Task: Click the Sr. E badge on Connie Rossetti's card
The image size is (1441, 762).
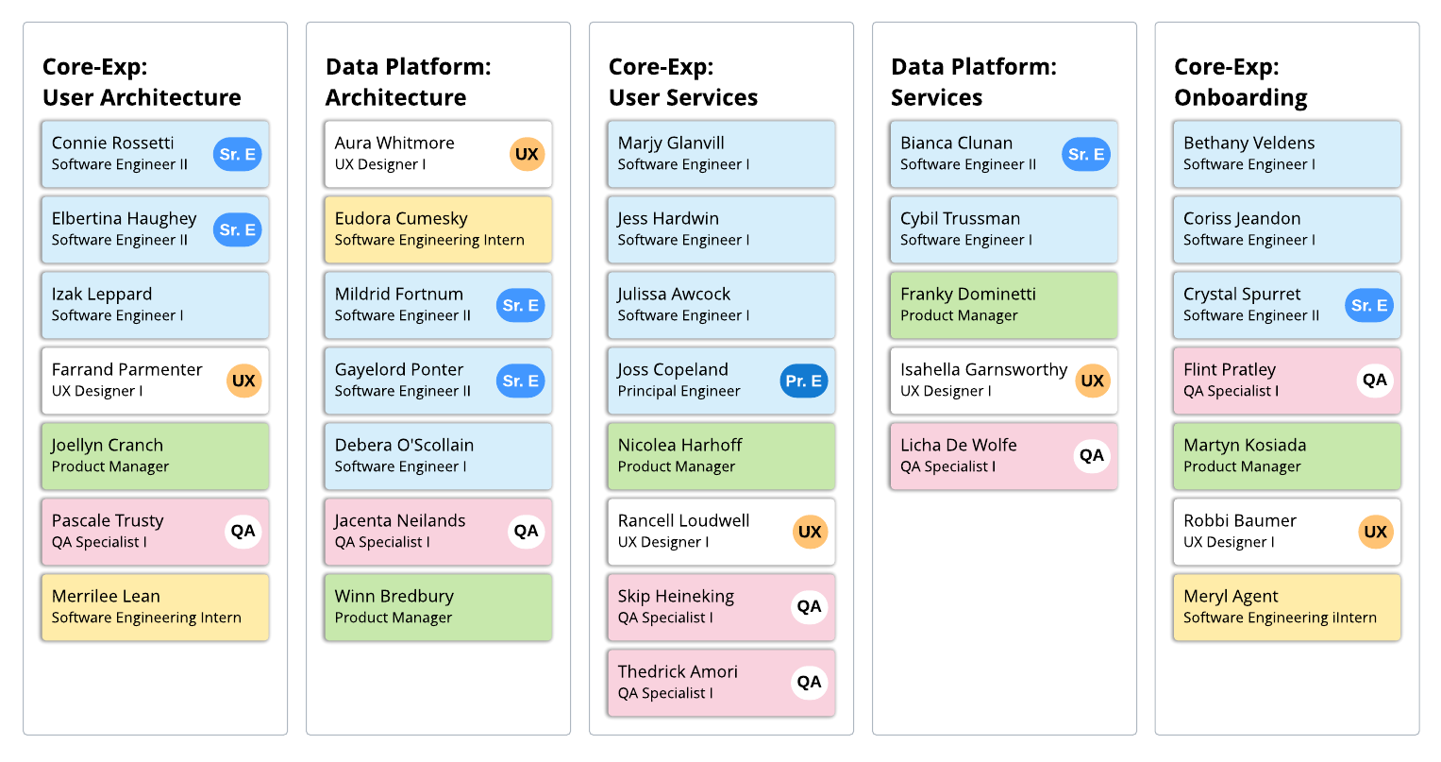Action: click(x=237, y=154)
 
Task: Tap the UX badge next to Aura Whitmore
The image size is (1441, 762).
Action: click(x=527, y=154)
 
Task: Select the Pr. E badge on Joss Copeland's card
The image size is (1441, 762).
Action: click(x=804, y=381)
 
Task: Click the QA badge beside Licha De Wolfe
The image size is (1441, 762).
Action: click(x=1092, y=455)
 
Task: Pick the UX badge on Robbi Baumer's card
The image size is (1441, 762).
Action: click(x=1375, y=532)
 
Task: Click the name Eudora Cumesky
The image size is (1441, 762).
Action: click(x=401, y=218)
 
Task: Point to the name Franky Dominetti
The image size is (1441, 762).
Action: click(x=967, y=294)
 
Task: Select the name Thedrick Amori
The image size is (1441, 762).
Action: click(x=678, y=671)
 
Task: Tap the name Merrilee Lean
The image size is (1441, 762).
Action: click(x=106, y=596)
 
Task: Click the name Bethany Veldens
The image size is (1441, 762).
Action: click(x=1248, y=143)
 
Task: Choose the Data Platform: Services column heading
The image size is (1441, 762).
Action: click(x=973, y=81)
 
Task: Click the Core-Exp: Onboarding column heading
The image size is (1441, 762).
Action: click(x=1240, y=81)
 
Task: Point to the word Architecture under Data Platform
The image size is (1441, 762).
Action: click(x=395, y=97)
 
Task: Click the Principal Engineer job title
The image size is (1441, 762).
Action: click(x=679, y=391)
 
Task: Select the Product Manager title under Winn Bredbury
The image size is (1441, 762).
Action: click(x=393, y=618)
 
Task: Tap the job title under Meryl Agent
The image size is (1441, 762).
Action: click(x=1280, y=618)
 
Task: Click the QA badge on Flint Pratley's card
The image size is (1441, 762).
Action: click(x=1375, y=380)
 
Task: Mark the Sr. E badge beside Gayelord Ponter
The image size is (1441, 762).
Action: click(x=520, y=381)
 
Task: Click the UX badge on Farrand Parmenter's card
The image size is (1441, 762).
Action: click(x=243, y=381)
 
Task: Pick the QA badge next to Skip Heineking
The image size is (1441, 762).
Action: click(x=809, y=606)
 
